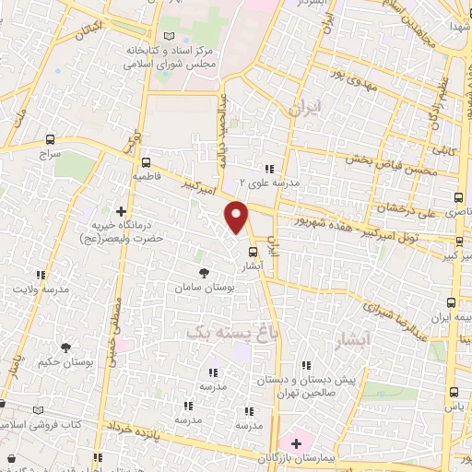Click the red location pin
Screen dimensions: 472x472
(237, 217)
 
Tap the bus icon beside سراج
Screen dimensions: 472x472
(49, 139)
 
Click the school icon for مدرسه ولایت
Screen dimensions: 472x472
(41, 275)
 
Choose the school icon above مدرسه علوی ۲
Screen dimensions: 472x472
(269, 169)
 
